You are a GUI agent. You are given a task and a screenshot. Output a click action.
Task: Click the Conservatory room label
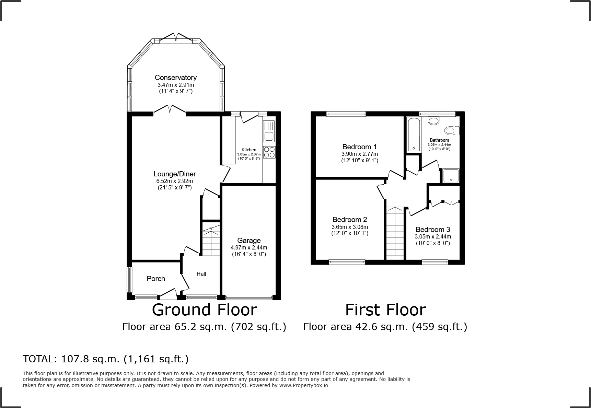point(175,78)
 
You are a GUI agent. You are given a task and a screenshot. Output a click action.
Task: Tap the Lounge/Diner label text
point(174,174)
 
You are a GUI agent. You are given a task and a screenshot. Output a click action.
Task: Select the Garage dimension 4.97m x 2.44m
point(249,247)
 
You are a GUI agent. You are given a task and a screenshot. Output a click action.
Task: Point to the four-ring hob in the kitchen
point(269,152)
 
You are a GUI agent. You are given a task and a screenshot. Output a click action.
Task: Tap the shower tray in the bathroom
point(450,176)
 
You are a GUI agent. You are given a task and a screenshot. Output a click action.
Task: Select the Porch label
point(156,279)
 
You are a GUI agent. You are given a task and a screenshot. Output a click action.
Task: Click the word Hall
point(201,274)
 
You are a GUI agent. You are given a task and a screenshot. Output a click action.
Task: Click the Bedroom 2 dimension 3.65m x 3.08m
point(350,227)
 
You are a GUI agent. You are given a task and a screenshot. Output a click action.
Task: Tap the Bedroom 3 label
point(432,230)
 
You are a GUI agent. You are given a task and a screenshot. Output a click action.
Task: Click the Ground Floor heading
point(204,310)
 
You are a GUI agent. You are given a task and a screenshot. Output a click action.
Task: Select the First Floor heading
point(385,310)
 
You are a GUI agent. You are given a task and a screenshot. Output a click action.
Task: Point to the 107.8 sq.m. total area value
point(90,359)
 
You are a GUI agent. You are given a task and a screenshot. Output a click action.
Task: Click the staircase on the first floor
point(395,233)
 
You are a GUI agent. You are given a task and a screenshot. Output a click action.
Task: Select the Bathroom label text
point(439,140)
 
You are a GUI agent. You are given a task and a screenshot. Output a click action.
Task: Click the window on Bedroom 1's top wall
point(346,114)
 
